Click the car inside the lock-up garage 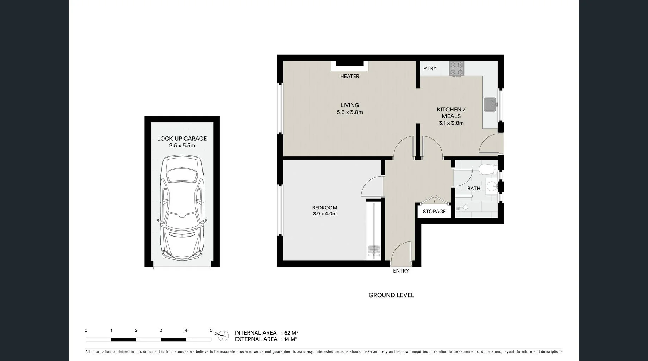pyautogui.click(x=182, y=208)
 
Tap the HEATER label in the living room pyautogui.click(x=349, y=76)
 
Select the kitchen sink pyautogui.click(x=490, y=105)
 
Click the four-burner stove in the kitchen pyautogui.click(x=456, y=68)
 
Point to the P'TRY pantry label pyautogui.click(x=430, y=68)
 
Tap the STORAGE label pyautogui.click(x=434, y=212)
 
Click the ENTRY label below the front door pyautogui.click(x=401, y=271)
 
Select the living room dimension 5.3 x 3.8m pyautogui.click(x=350, y=112)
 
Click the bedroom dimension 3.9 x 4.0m pyautogui.click(x=325, y=214)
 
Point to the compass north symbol pyautogui.click(x=223, y=336)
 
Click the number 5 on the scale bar pyautogui.click(x=211, y=330)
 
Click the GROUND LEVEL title pyautogui.click(x=391, y=295)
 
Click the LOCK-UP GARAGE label pyautogui.click(x=182, y=139)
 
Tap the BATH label pyautogui.click(x=474, y=189)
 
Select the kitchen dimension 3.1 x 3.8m pyautogui.click(x=451, y=123)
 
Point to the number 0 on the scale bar pyautogui.click(x=86, y=330)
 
